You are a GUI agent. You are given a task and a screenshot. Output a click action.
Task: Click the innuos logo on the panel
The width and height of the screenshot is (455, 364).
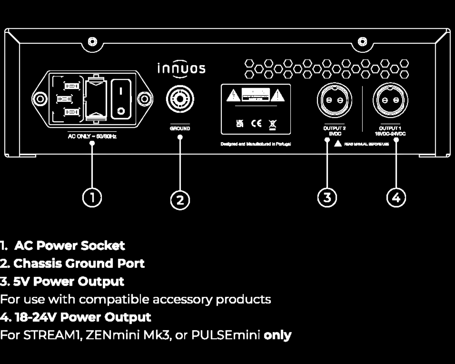[x=181, y=69]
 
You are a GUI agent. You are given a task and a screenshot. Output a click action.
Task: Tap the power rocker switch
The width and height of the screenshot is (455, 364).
[x=121, y=99]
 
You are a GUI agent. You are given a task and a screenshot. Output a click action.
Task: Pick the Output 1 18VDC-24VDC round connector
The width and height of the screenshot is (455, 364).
[x=390, y=100]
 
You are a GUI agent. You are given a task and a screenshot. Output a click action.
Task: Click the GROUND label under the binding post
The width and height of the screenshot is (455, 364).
[x=180, y=128]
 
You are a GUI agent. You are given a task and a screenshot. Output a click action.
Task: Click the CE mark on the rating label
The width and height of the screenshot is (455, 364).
[x=256, y=123]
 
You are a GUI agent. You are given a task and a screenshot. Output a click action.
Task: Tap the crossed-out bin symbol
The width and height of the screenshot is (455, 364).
[x=273, y=123]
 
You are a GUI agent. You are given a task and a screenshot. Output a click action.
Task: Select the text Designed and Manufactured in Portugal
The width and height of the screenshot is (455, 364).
[x=256, y=144]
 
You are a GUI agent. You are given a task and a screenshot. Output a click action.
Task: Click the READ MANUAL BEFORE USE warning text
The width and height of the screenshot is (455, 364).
[x=366, y=144]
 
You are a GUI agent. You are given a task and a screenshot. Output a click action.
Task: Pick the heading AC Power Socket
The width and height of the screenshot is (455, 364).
[x=69, y=246]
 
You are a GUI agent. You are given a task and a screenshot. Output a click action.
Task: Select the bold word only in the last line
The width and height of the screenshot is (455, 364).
[x=277, y=335]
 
